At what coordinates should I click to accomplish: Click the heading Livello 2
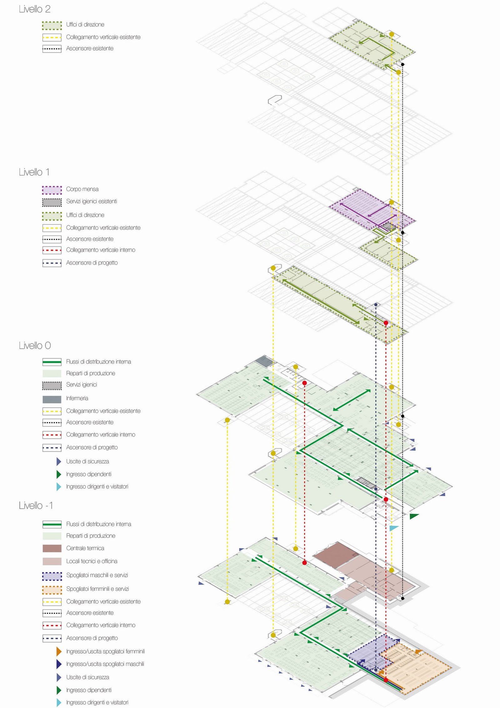click(x=34, y=9)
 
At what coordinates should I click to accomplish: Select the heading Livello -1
click(x=36, y=506)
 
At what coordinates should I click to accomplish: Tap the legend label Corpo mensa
click(x=82, y=189)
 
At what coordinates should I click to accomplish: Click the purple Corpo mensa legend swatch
click(x=52, y=190)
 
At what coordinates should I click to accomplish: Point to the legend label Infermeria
click(x=77, y=398)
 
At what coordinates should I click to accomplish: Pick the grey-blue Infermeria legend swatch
click(x=52, y=399)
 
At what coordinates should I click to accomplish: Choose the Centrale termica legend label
click(x=85, y=548)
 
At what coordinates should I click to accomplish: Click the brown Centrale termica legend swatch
click(x=52, y=548)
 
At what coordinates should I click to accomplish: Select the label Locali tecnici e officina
click(x=92, y=561)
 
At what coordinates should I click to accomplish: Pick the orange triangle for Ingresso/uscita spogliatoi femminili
click(x=59, y=651)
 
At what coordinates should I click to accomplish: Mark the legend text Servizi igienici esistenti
click(x=91, y=201)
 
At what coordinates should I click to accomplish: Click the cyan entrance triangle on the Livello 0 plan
click(x=393, y=528)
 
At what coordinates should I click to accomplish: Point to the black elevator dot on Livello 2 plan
click(x=403, y=64)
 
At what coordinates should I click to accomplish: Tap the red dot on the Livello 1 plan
click(x=386, y=323)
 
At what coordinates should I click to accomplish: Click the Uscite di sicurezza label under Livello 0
click(x=87, y=461)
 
